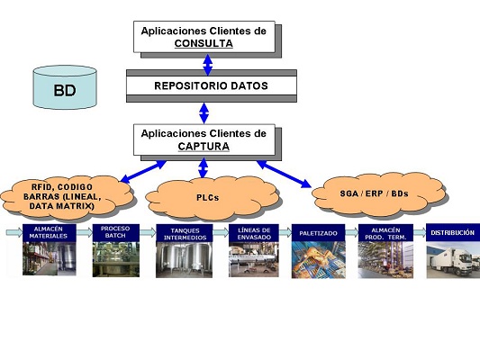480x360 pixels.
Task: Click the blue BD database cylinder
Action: (64, 89)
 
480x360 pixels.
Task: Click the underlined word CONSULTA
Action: (204, 43)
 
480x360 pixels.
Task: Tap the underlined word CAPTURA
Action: (204, 146)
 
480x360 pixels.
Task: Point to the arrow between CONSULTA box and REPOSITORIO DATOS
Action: (208, 65)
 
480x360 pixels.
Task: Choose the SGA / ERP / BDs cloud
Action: (373, 191)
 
